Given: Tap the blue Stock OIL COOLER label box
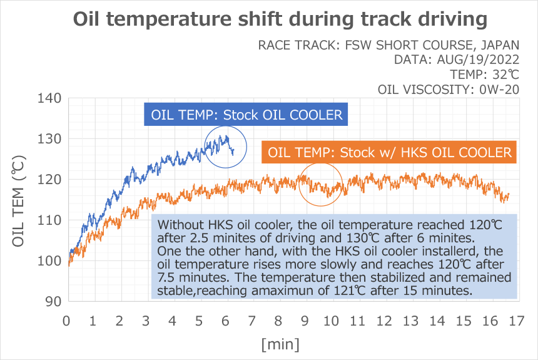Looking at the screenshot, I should click(x=246, y=115).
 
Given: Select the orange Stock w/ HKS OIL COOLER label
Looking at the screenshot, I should click(x=390, y=152).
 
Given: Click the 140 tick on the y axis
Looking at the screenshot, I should click(x=49, y=98).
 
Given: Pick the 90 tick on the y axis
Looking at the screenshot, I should click(x=53, y=301).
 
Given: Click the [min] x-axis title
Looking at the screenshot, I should click(x=280, y=344).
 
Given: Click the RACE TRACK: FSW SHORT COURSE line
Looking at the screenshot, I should click(x=388, y=46).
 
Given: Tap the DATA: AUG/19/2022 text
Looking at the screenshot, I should click(x=457, y=60).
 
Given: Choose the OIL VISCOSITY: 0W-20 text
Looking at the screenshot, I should click(x=449, y=90).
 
